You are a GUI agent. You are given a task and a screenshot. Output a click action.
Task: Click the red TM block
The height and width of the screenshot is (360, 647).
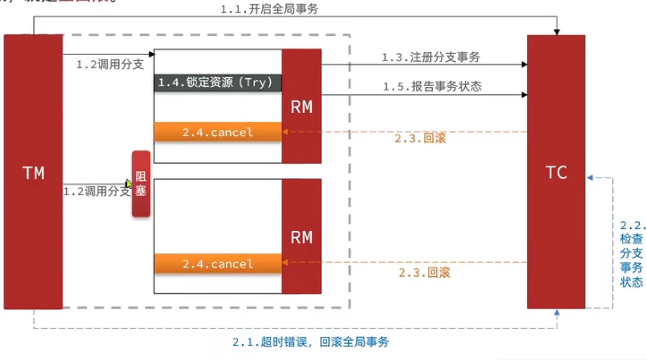[33, 172]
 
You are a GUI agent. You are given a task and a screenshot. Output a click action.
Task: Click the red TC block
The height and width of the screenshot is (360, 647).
[556, 172]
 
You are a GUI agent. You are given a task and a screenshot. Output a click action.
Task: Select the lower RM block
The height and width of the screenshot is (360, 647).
[302, 237]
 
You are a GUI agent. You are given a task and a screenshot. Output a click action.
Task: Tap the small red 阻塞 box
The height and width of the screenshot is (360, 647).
[141, 184]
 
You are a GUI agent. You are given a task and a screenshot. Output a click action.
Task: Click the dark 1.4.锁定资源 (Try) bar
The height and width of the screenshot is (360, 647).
[218, 83]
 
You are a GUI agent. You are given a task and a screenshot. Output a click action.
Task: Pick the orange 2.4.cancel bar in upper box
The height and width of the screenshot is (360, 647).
[218, 132]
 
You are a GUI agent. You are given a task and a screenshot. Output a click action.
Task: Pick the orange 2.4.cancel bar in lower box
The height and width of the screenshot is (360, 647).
[218, 264]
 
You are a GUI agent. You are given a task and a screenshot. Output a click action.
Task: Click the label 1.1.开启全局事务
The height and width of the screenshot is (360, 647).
[269, 9]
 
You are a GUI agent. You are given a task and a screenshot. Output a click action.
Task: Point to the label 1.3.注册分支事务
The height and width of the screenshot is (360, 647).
[431, 57]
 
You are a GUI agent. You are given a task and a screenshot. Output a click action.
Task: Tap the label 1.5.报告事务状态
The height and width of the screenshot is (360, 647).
[432, 86]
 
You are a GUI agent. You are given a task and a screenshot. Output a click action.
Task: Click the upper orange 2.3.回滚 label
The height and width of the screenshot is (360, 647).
[420, 138]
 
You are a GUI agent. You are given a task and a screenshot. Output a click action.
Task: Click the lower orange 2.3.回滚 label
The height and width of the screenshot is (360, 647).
[424, 272]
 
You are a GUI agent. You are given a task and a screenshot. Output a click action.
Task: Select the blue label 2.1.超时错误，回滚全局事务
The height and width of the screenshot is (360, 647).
[311, 342]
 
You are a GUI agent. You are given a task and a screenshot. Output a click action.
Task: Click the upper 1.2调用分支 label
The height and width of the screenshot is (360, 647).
[110, 64]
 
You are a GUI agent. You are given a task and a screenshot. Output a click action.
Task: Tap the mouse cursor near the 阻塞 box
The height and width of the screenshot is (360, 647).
[128, 184]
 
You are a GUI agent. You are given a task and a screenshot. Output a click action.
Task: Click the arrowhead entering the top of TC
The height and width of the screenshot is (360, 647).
[557, 32]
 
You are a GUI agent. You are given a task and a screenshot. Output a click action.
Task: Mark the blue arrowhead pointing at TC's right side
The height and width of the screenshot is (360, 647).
[590, 178]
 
